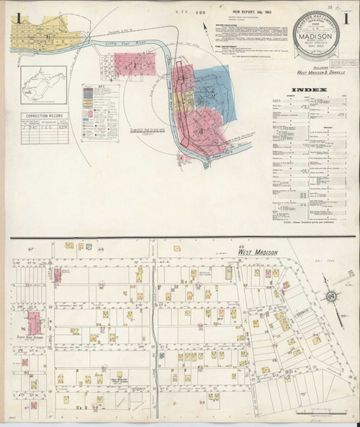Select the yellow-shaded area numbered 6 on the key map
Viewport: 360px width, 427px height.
pos(47,32)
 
